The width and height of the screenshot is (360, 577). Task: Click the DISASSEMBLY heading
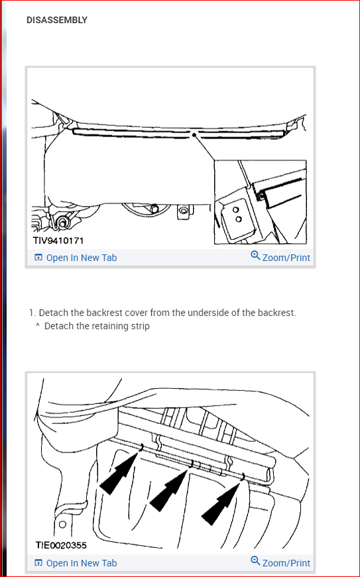(57, 20)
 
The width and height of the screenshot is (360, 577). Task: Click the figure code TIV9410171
(58, 240)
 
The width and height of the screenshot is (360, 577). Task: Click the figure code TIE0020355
(61, 545)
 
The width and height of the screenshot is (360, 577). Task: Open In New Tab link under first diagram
(76, 258)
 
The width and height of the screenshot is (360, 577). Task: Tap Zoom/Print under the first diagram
(280, 257)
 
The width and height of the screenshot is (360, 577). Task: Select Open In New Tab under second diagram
(76, 563)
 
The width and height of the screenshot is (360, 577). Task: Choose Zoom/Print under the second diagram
(280, 562)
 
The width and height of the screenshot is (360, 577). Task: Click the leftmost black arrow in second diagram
(119, 474)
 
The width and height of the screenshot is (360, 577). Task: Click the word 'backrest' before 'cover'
(104, 313)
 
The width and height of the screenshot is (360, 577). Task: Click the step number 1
(32, 313)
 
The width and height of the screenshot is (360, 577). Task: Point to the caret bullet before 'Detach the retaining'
(38, 325)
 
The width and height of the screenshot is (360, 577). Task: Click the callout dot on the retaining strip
(194, 135)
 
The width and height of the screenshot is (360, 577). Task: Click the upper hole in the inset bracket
(236, 210)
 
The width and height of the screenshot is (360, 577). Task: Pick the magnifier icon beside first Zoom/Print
(255, 255)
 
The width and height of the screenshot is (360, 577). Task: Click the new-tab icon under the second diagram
(38, 562)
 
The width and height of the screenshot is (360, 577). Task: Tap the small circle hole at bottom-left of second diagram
(62, 524)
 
